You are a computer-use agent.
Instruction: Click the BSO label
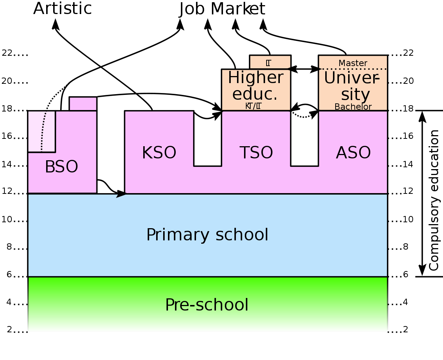pos(61,167)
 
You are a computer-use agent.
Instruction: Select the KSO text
pos(159,153)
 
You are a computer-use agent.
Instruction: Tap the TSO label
pos(256,153)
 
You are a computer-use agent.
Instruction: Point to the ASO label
pos(353,153)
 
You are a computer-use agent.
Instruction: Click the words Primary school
pos(207,235)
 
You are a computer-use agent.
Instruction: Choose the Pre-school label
pos(207,305)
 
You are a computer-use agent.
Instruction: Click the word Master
pos(353,63)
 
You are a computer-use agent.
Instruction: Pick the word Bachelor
pos(353,107)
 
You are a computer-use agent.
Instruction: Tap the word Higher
pos(255,78)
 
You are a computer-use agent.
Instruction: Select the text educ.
pos(255,94)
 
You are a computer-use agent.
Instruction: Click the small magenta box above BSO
pos(83,104)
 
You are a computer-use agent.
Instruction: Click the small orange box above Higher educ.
pos(270,62)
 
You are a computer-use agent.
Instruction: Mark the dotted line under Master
pos(353,69)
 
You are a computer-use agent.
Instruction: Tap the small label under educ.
pos(253,106)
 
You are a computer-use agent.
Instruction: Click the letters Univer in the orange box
pos(351,78)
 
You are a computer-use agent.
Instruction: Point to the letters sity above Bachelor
pos(355,95)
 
